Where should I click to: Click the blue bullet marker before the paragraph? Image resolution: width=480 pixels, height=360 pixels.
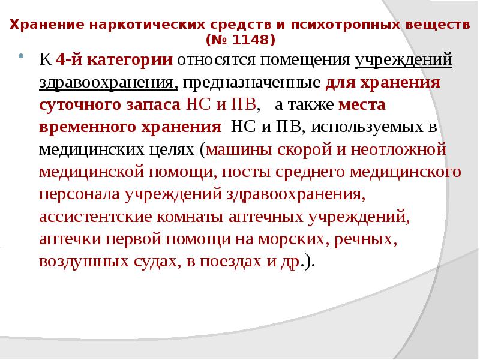22,58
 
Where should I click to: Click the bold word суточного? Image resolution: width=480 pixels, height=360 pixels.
77,104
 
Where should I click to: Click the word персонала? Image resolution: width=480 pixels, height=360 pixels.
79,194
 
